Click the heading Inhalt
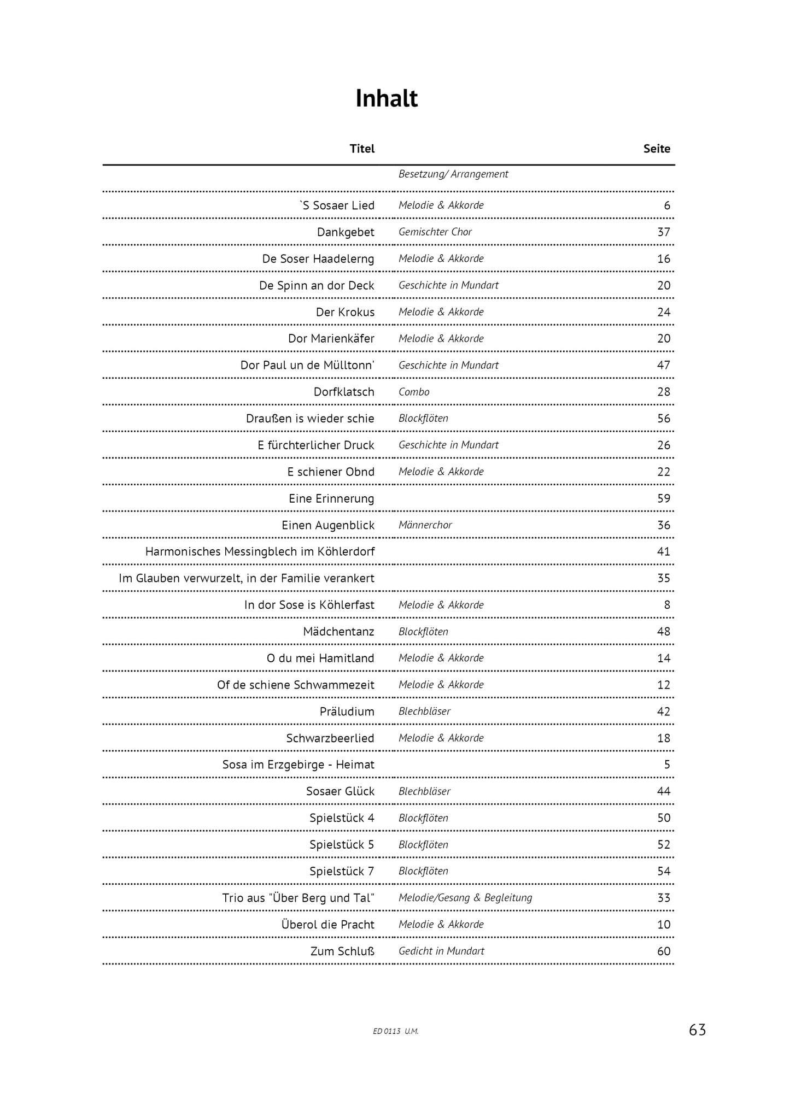[387, 99]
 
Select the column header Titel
[362, 149]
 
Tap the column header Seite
[657, 149]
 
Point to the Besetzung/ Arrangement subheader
[453, 174]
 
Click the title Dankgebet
[346, 232]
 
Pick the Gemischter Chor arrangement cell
[435, 232]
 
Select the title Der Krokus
[345, 312]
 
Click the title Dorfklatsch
[344, 392]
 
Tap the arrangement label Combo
[414, 392]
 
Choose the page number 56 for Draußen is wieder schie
[663, 419]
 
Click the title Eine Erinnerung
[331, 498]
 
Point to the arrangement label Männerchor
[425, 525]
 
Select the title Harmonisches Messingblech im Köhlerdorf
[260, 552]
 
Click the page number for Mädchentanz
[663, 632]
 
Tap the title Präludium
[347, 712]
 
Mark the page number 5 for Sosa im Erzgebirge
[667, 765]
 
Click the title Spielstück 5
[342, 845]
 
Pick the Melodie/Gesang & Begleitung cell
[465, 898]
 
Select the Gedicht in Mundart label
[441, 951]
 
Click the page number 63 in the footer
[697, 1030]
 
